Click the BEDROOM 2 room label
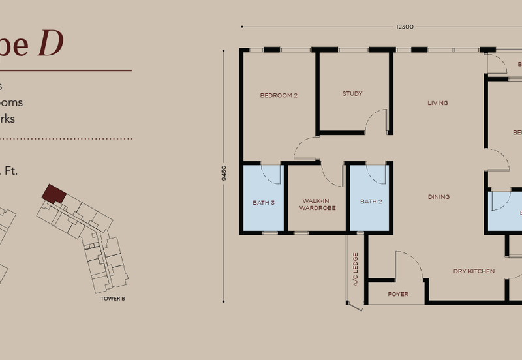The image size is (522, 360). (x=279, y=95)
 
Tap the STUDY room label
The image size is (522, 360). (x=352, y=93)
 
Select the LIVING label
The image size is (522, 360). (x=437, y=103)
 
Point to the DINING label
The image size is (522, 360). (x=438, y=196)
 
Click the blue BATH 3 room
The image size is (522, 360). (x=264, y=202)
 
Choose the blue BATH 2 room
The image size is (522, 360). (x=371, y=202)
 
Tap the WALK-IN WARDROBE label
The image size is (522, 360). (x=317, y=205)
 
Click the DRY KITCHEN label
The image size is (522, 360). (x=474, y=271)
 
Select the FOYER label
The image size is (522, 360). (x=398, y=294)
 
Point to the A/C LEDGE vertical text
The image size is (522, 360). (x=356, y=270)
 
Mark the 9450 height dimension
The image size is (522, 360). (x=224, y=173)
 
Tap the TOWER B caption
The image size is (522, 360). (x=113, y=298)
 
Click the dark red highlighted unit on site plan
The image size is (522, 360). (x=54, y=193)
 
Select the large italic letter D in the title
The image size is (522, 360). (x=52, y=46)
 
